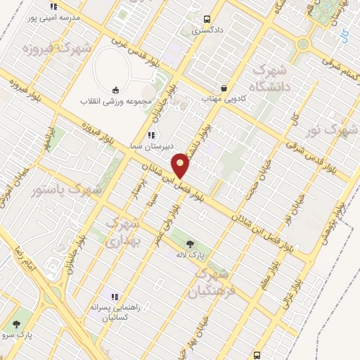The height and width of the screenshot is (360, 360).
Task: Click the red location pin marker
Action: click(x=181, y=165)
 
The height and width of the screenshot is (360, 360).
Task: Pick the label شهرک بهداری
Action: click(x=124, y=231)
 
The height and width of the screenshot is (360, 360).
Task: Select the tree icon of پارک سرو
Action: click(x=17, y=324)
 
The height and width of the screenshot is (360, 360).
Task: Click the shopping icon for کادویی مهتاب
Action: click(x=224, y=88)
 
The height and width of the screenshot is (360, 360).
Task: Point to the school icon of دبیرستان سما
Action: click(x=150, y=135)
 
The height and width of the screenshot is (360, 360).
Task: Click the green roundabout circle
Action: click(x=303, y=44)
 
